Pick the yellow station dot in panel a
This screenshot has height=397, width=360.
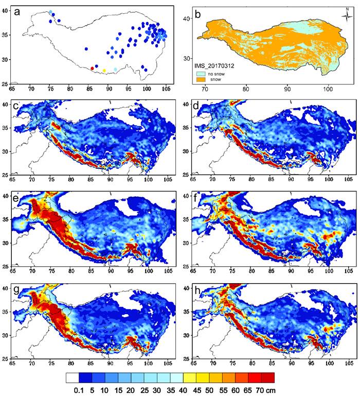(104, 71)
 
